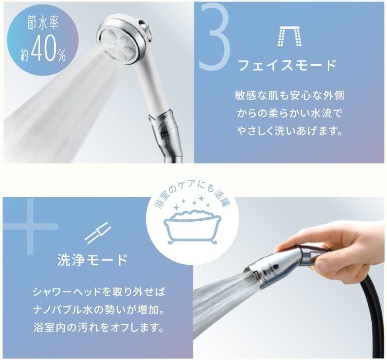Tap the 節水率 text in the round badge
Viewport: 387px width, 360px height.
coord(42,25)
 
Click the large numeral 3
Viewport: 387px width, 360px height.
coord(215,38)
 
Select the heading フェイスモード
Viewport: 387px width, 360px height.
coord(288,65)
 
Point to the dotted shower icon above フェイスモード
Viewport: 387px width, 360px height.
coord(290,37)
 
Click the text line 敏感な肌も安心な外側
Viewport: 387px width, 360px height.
coord(289,96)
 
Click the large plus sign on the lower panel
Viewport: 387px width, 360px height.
coord(31,226)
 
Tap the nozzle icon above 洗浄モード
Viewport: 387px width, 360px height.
coord(98,233)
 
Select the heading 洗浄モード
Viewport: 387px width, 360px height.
coord(92,260)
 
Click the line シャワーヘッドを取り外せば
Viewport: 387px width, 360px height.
coord(99,292)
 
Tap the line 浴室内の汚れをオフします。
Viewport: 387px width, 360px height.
coord(99,328)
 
